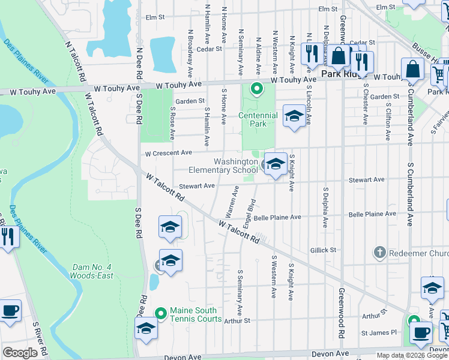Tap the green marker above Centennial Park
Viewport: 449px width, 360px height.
(x=257, y=90)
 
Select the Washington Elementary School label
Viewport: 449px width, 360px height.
(x=237, y=166)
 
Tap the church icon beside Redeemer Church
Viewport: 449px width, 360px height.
(x=379, y=253)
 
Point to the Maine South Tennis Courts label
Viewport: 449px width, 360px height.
(x=196, y=314)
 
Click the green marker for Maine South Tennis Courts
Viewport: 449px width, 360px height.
(x=161, y=313)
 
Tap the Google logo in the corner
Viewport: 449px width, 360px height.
(x=20, y=353)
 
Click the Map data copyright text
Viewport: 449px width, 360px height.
(x=411, y=355)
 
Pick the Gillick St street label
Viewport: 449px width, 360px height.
(x=324, y=250)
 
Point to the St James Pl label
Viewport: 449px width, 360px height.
(x=379, y=332)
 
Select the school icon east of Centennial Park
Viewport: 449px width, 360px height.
(x=294, y=117)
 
